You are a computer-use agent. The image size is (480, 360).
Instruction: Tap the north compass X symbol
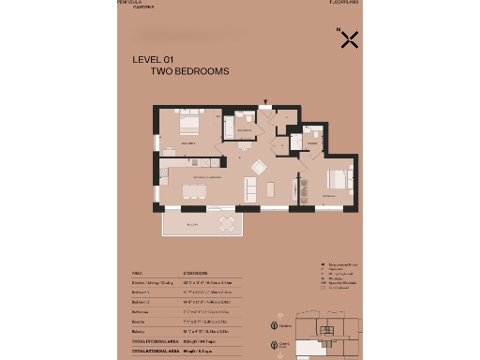[349, 39]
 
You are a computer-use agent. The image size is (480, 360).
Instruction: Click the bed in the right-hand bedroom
[337, 178]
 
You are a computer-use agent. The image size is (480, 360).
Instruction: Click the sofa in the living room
[250, 187]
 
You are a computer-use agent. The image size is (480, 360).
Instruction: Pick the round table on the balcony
[226, 223]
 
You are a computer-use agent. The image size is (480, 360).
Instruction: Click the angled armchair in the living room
[258, 166]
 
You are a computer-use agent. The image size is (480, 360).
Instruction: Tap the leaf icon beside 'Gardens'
[275, 325]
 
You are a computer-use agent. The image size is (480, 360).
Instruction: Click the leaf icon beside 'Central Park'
[275, 345]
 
